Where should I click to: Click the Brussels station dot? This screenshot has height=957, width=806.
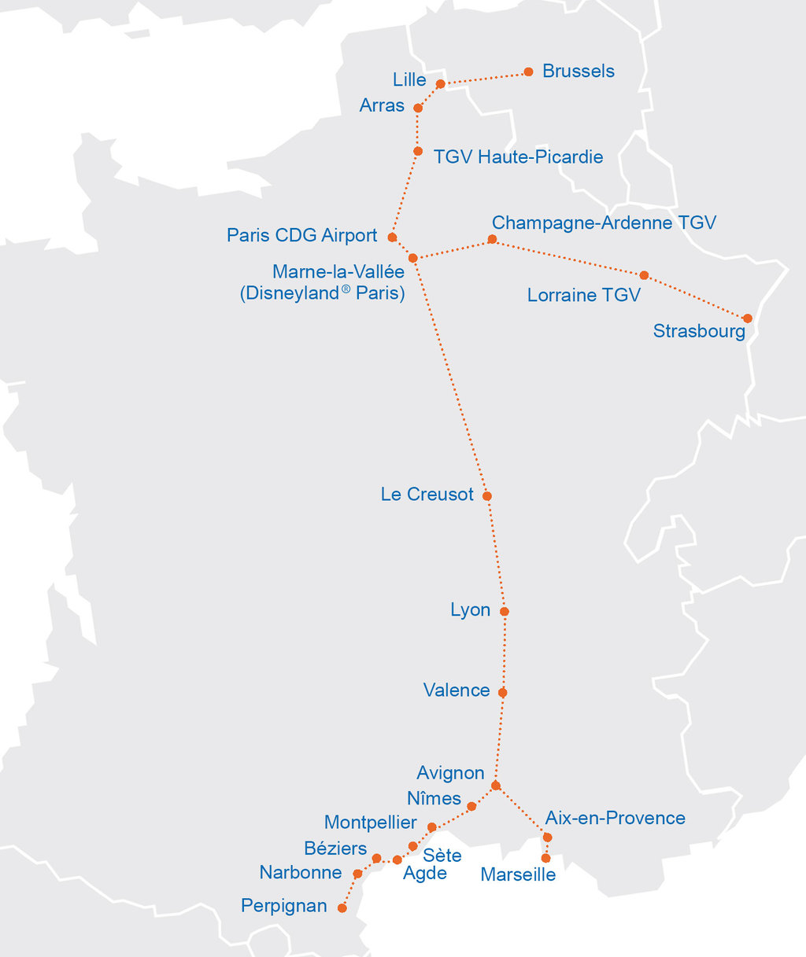point(528,72)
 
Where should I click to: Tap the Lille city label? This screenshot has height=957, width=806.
point(409,80)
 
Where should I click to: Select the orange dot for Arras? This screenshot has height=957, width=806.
point(418,108)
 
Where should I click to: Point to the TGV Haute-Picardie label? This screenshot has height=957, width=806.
point(518,156)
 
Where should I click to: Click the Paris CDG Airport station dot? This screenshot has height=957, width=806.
point(392,237)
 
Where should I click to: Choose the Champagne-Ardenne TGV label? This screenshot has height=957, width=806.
point(604,223)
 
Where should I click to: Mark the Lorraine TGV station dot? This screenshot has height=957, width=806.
point(644,275)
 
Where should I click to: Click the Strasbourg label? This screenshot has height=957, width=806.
point(699,331)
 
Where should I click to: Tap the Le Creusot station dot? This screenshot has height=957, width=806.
point(487,496)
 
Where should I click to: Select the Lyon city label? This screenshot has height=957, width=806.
point(470,610)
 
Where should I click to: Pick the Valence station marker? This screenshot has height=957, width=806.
point(502,693)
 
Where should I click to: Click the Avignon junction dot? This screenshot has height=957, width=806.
point(495,786)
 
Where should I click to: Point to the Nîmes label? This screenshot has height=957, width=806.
point(434,798)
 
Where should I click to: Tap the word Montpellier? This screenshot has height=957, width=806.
point(370,823)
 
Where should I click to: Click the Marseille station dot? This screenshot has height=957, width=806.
point(545,858)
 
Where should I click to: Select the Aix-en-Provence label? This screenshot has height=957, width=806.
point(615,818)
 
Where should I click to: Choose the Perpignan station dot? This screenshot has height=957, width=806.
point(342,907)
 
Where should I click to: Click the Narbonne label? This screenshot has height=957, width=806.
point(301,872)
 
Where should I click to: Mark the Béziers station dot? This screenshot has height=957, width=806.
point(376,858)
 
